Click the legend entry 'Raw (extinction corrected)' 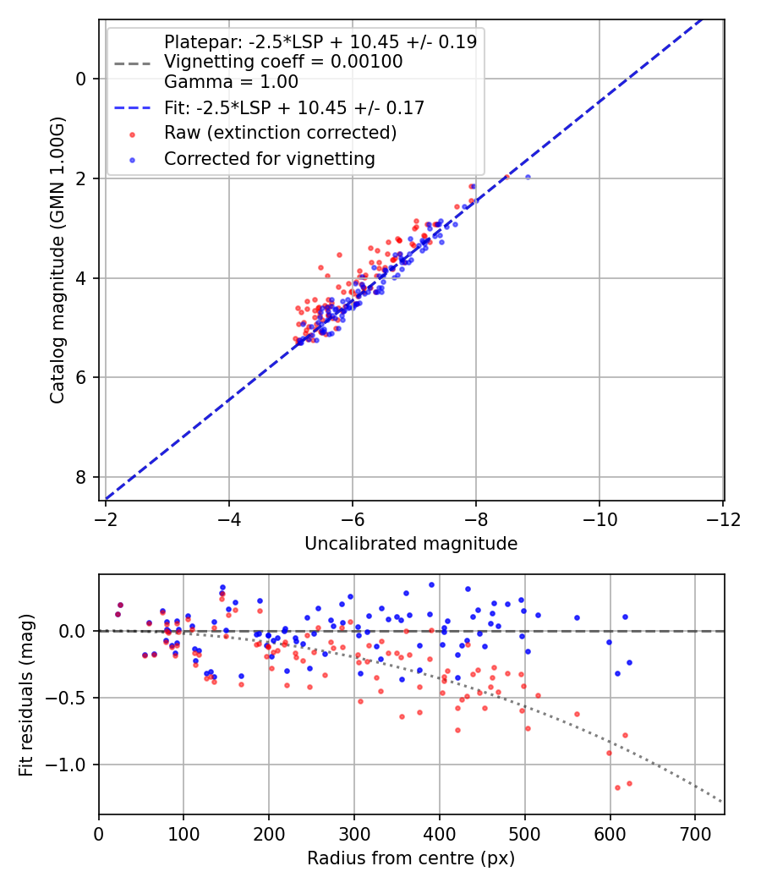point(280,133)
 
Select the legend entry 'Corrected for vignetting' point(269,158)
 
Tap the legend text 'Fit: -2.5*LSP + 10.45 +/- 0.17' point(293,107)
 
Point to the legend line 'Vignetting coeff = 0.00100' point(283,62)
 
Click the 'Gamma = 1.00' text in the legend point(231,82)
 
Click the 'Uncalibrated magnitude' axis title point(411,544)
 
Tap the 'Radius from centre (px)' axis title point(411,858)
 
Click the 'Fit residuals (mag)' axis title point(26,694)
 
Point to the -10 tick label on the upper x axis point(599,518)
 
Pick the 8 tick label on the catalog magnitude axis point(81,477)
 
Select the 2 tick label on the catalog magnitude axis point(81,178)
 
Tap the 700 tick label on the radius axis point(694,833)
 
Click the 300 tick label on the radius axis point(353,833)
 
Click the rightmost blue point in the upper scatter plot point(528,177)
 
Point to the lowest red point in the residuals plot point(617,787)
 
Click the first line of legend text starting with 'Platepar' point(320,41)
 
